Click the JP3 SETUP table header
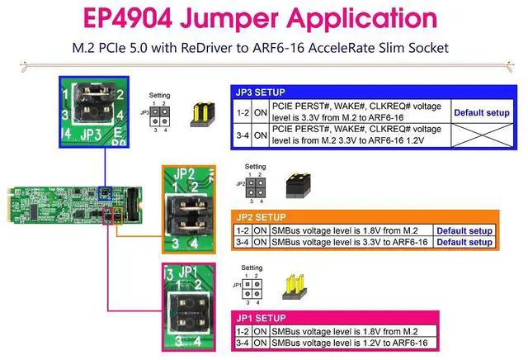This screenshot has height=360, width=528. coord(262,92)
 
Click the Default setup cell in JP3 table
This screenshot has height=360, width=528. coord(481,111)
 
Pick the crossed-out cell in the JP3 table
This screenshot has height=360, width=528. coord(481,135)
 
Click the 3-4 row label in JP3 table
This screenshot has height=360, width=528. coord(241,135)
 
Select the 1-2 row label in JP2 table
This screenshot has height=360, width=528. coord(242,230)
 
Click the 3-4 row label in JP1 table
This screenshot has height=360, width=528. coord(242,342)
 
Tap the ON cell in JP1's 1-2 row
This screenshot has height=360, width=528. coord(260,331)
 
